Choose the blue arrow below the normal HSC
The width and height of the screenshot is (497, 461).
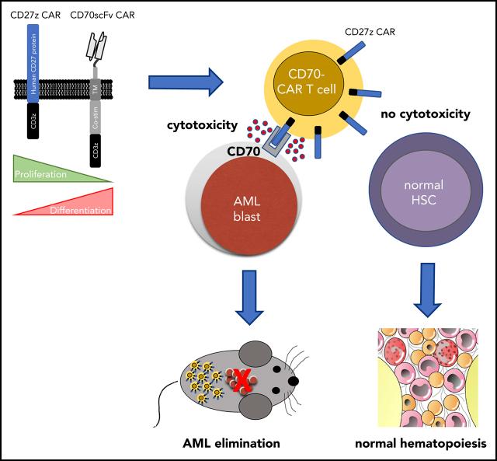[x=425, y=285]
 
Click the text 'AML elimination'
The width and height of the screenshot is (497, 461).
[x=226, y=444]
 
